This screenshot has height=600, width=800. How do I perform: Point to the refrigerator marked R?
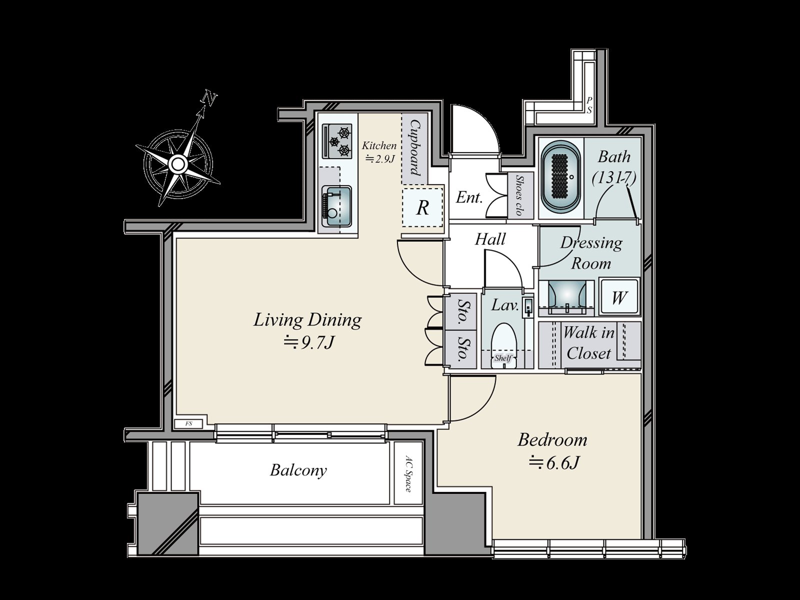tap(422, 207)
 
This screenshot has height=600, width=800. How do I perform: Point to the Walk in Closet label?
tap(588, 343)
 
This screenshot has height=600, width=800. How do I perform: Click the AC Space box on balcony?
tap(407, 473)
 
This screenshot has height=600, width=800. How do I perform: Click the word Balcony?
tap(298, 470)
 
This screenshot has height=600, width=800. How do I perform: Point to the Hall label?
tap(490, 239)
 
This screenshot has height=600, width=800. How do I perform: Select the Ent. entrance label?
tap(469, 197)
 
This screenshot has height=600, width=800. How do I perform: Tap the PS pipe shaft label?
tap(589, 105)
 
